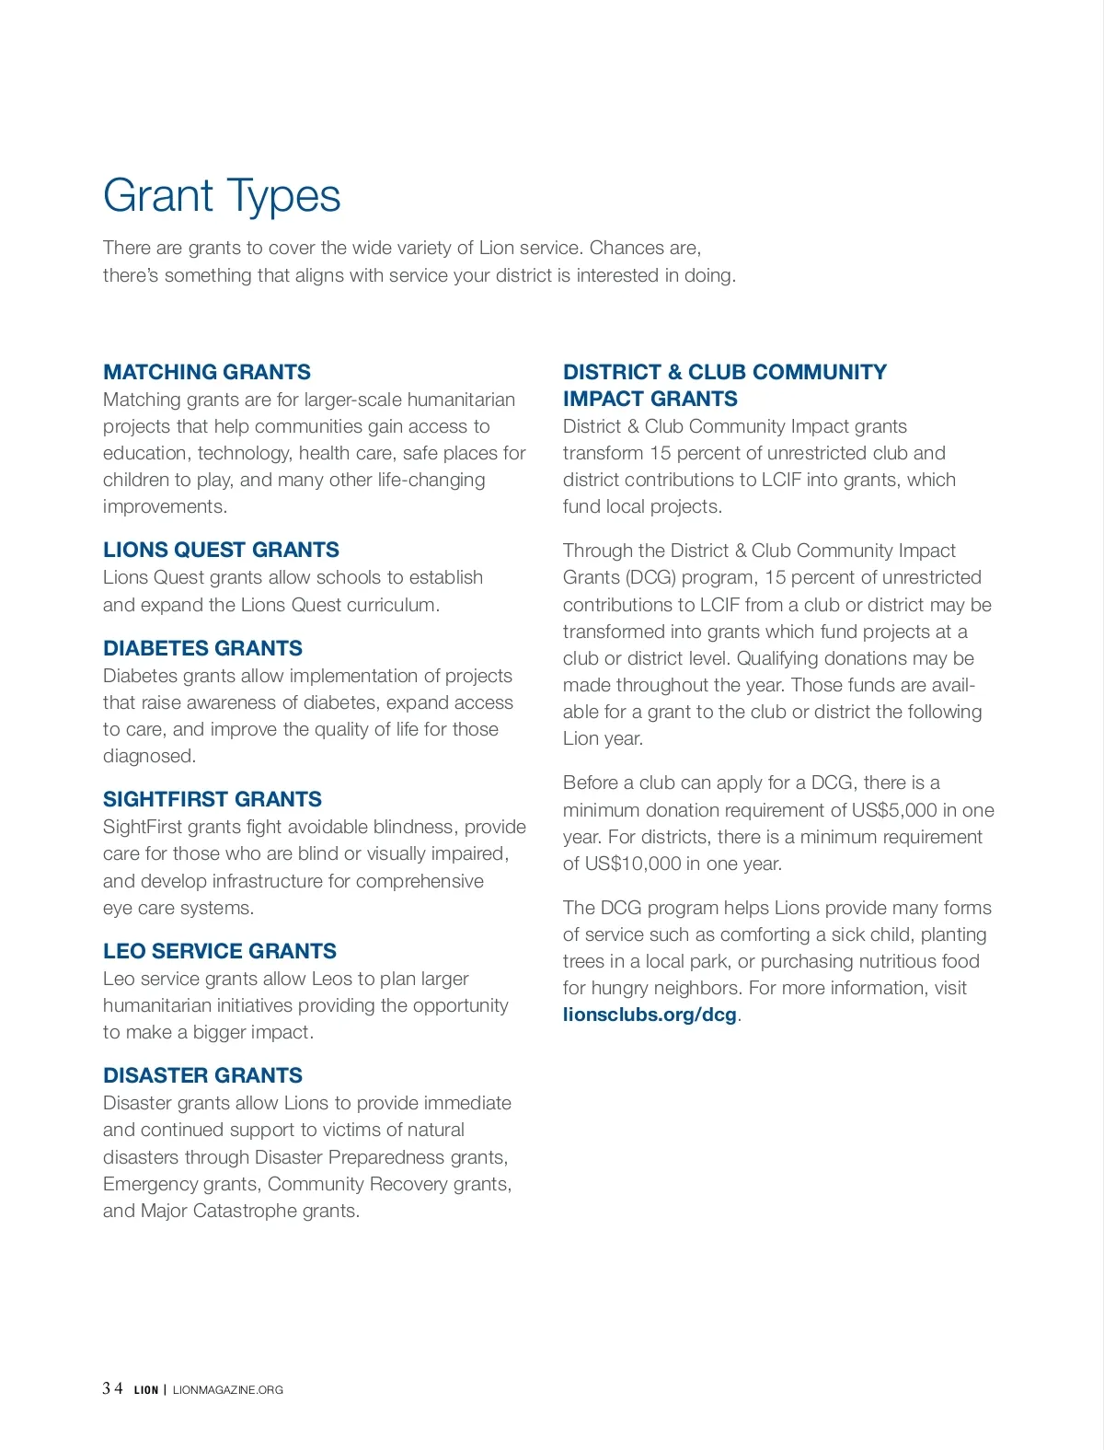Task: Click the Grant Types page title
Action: tap(222, 196)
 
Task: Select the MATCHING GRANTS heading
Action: tap(207, 372)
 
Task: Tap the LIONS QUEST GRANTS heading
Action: tap(221, 550)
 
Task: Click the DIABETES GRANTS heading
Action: tap(202, 648)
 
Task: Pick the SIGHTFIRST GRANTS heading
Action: tap(213, 799)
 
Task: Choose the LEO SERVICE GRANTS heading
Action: tap(220, 951)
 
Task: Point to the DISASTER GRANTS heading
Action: tap(202, 1075)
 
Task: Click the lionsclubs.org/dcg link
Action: tap(650, 1015)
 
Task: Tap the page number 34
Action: tap(112, 1388)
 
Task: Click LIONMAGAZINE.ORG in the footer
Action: tap(228, 1390)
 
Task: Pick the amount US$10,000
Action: tap(634, 864)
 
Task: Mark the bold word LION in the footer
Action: tap(146, 1390)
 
